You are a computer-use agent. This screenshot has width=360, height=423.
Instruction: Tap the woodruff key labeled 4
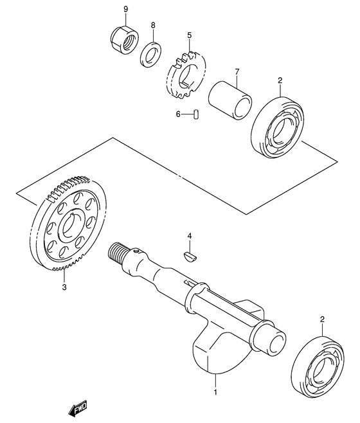191,255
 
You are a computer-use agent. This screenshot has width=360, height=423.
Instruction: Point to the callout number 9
125,9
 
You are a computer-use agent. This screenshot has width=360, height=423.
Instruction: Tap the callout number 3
64,289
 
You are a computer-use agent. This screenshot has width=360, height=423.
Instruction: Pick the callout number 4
190,236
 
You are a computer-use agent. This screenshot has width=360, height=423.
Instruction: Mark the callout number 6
178,114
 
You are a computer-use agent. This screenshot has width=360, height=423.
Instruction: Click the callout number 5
189,35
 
